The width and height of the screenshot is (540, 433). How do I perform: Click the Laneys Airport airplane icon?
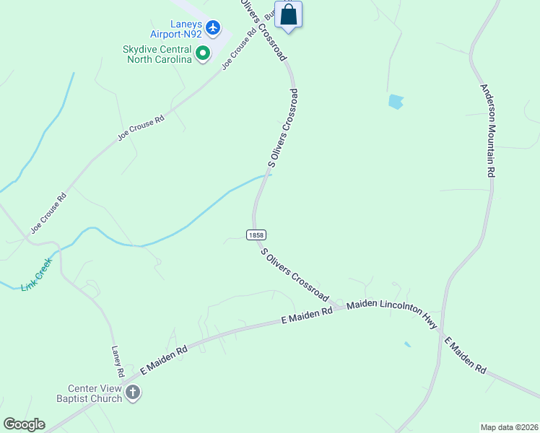pyautogui.click(x=212, y=27)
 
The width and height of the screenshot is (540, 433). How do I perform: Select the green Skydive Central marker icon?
pyautogui.click(x=203, y=53)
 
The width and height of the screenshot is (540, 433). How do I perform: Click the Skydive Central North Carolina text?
pyautogui.click(x=158, y=54)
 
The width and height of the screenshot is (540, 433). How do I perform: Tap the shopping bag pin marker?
pyautogui.click(x=288, y=15)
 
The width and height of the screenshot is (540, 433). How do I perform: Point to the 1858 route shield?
pyautogui.click(x=256, y=235)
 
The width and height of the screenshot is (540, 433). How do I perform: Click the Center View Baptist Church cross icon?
pyautogui.click(x=133, y=393)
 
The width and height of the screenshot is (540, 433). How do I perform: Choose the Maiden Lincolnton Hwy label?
pyautogui.click(x=391, y=315)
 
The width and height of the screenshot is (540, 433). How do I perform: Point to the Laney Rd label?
pyautogui.click(x=117, y=362)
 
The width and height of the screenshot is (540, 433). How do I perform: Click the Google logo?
pyautogui.click(x=24, y=424)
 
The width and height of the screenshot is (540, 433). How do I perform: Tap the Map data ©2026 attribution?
pyautogui.click(x=510, y=427)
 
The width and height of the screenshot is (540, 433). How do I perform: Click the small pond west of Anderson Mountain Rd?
pyautogui.click(x=396, y=102)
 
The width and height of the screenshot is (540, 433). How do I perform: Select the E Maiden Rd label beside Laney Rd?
pyautogui.click(x=164, y=359)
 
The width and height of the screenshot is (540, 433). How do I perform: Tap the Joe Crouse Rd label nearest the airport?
pyautogui.click(x=240, y=48)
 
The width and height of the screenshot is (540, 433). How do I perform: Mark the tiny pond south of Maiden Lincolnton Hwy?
pyautogui.click(x=408, y=344)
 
